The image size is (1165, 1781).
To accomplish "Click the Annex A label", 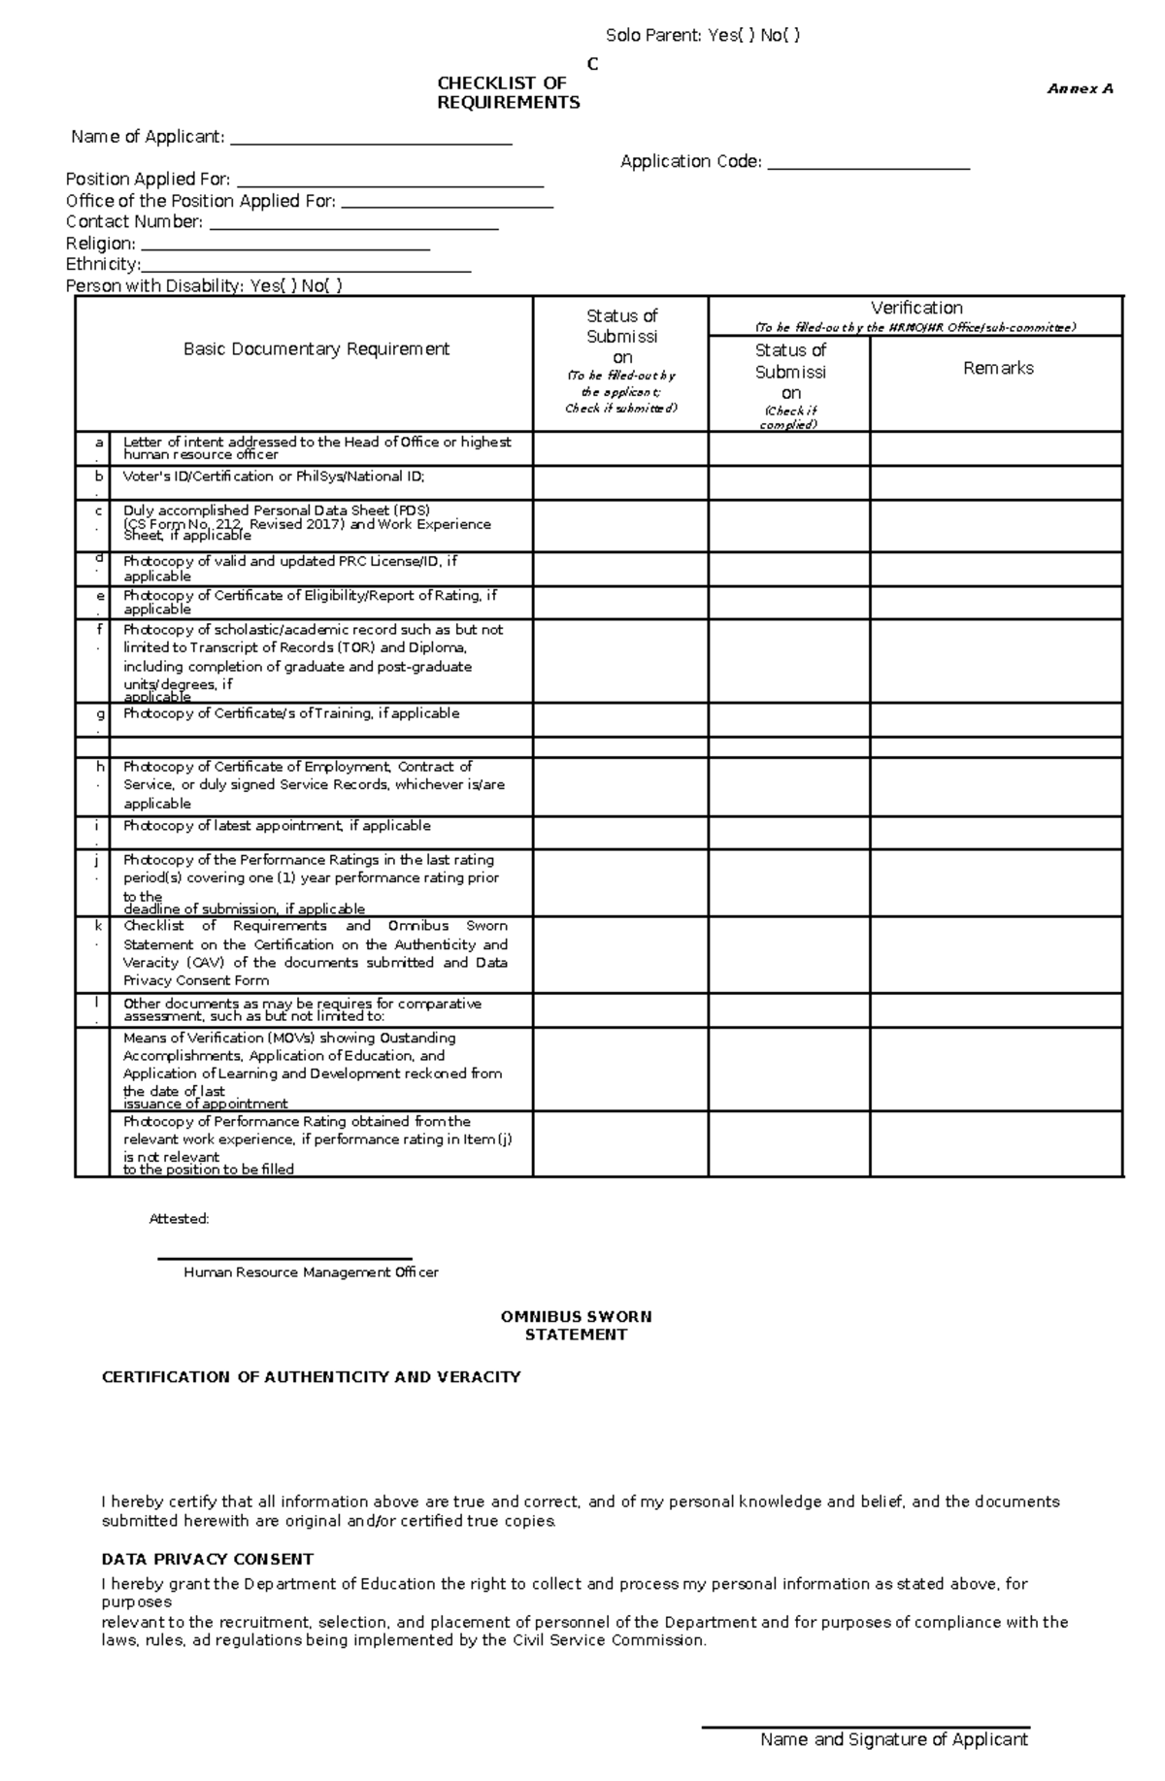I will [1080, 88].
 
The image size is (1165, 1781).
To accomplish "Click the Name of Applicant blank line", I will [371, 144].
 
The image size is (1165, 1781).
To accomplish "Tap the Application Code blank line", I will [868, 169].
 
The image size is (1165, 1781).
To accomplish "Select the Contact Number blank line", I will [353, 229].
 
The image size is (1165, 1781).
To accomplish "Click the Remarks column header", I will [997, 369].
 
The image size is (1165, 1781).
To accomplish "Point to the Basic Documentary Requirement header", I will [316, 349].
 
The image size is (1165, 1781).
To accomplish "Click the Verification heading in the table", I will [915, 308].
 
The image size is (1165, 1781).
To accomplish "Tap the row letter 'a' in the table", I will [98, 443].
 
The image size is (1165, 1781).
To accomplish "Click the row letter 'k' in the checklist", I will [98, 926].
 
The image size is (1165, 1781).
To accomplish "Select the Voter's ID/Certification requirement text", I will [274, 477].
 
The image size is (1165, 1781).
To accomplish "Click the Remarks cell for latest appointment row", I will [996, 833].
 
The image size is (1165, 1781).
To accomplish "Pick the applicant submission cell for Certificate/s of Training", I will [620, 720].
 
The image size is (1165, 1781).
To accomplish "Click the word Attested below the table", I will [179, 1219].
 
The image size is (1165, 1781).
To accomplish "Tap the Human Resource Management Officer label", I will [311, 1272].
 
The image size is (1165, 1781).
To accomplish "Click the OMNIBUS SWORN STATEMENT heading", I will [576, 1326].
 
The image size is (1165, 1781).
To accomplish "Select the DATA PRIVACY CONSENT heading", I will [207, 1559].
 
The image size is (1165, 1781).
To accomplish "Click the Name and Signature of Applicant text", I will [893, 1739].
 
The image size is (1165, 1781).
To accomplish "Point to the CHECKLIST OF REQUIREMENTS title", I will [508, 93].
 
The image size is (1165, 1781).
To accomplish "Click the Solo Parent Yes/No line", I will [703, 36].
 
